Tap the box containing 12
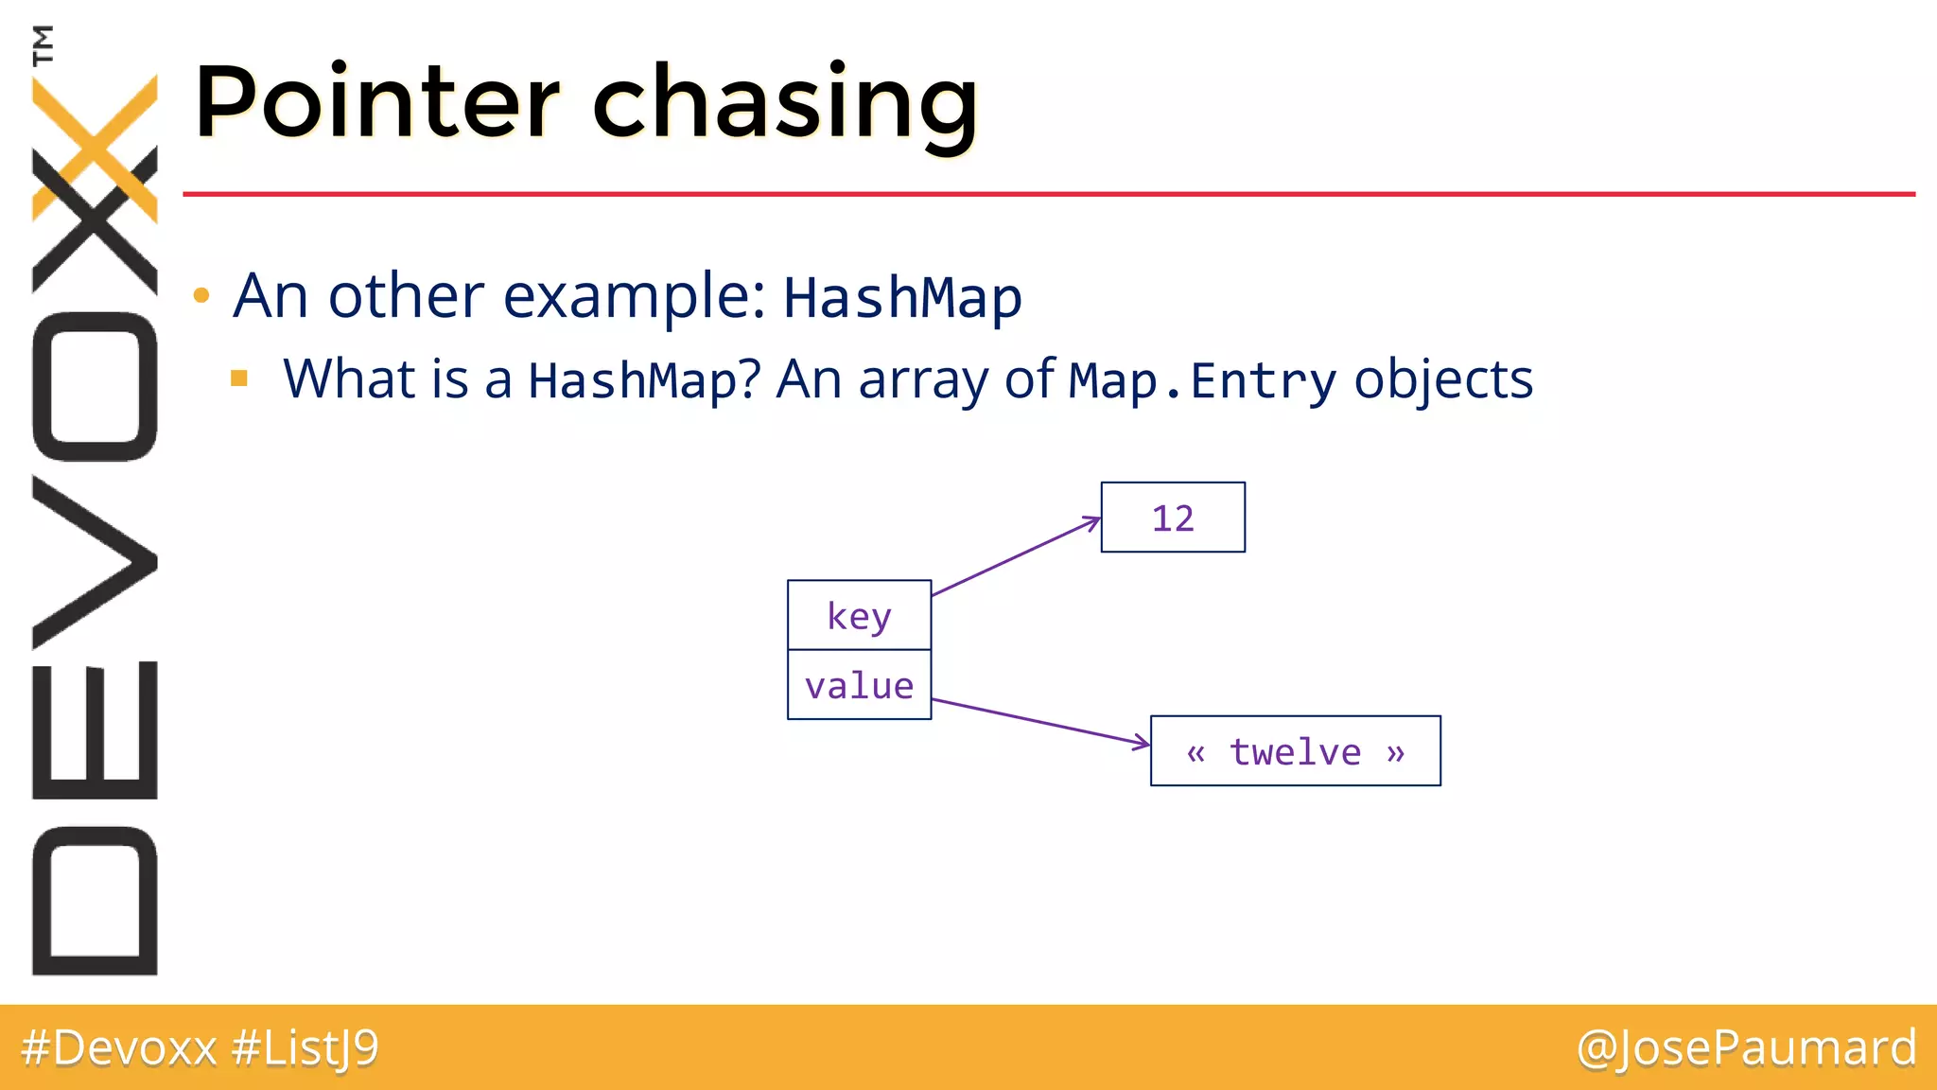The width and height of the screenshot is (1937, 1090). pyautogui.click(x=1173, y=518)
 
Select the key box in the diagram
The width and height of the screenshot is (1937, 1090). pyautogui.click(x=859, y=615)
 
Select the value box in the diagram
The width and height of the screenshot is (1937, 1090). pyautogui.click(x=859, y=685)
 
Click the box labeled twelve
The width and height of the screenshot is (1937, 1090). pyautogui.click(x=1295, y=751)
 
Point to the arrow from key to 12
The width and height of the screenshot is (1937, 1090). pyautogui.click(x=1017, y=557)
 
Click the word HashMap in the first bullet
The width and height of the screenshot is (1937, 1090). pyautogui.click(x=902, y=298)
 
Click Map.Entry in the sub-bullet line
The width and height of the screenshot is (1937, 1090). pyautogui.click(x=1202, y=380)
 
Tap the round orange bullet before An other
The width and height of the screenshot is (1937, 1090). pyautogui.click(x=201, y=296)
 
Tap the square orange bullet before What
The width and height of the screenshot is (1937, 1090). pyautogui.click(x=239, y=379)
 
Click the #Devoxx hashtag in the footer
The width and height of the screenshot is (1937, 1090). pyautogui.click(x=119, y=1048)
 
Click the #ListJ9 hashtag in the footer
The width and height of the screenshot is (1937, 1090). pyautogui.click(x=305, y=1048)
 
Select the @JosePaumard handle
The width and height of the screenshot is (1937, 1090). pyautogui.click(x=1746, y=1048)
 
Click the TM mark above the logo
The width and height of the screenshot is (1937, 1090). pyautogui.click(x=43, y=44)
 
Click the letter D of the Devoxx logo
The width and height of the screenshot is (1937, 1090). pyautogui.click(x=95, y=901)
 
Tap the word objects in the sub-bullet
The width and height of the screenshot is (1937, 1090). pyautogui.click(x=1443, y=380)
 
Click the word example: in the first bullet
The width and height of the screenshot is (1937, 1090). pyautogui.click(x=635, y=296)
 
